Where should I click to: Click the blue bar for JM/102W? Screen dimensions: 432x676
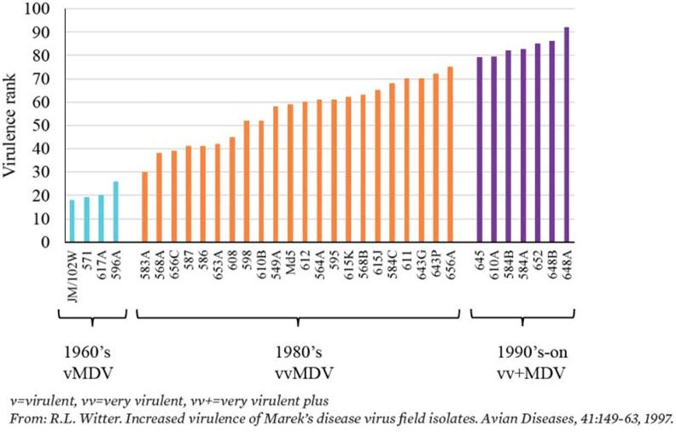tap(72, 221)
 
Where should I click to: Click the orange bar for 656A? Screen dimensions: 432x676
tap(450, 155)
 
